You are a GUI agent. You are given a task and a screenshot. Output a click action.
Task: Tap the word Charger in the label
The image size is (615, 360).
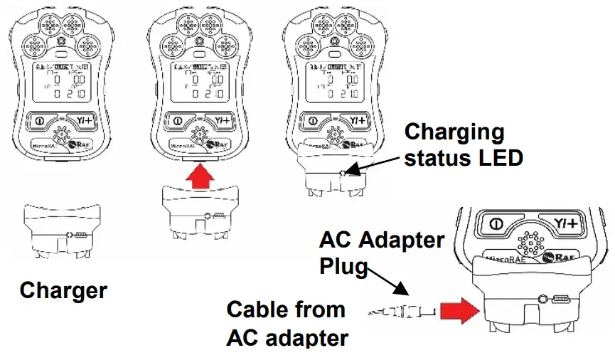tap(63, 290)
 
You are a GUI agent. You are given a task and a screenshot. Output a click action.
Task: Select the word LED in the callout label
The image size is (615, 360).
tap(499, 157)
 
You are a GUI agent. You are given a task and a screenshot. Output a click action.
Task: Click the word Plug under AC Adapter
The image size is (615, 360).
tap(343, 266)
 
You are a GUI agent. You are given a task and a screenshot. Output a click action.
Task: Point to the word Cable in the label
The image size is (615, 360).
tap(260, 309)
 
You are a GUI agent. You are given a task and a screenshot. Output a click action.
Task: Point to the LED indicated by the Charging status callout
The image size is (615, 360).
tap(343, 172)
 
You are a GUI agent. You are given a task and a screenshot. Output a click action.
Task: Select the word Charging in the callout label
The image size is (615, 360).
tap(454, 132)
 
